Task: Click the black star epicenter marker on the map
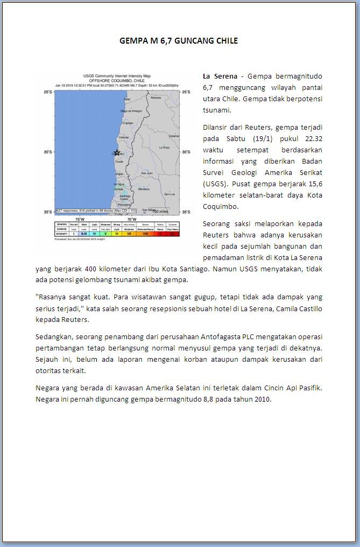117,152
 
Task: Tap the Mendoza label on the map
144,189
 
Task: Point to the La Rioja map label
165,147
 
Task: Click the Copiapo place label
128,123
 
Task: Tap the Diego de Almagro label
131,111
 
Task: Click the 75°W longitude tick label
79,219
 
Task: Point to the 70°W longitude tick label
131,219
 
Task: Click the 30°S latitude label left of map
48,152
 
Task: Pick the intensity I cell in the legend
73,234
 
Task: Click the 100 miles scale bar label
159,211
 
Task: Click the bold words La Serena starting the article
220,76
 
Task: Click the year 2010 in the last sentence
262,399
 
